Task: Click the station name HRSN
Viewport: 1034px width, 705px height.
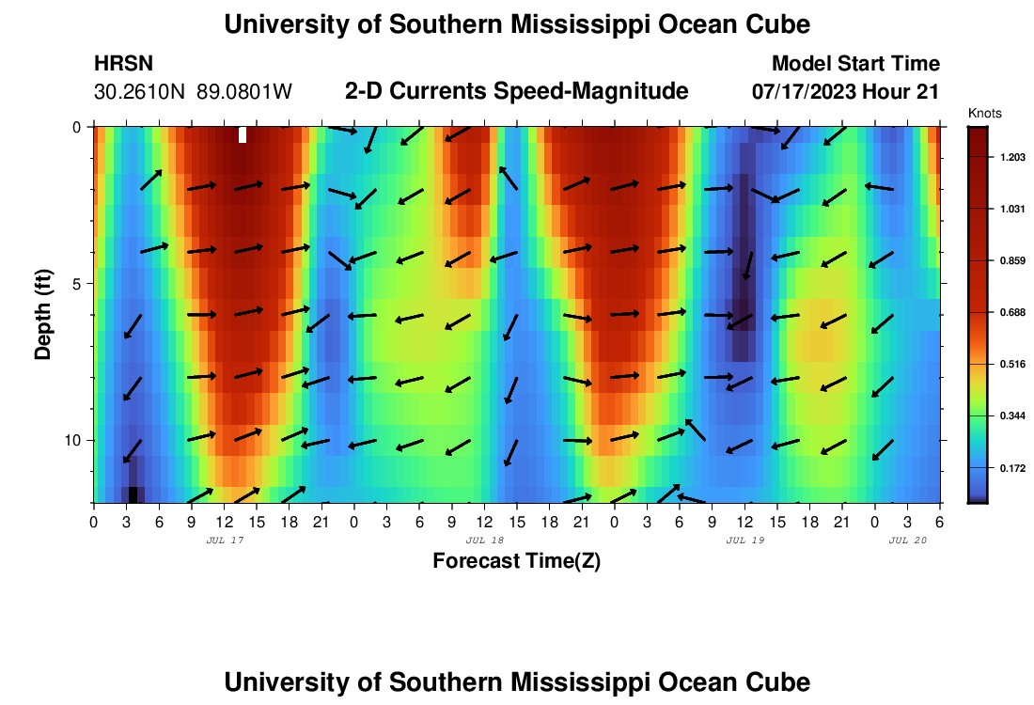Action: (123, 64)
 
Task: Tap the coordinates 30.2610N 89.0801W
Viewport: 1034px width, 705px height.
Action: (193, 92)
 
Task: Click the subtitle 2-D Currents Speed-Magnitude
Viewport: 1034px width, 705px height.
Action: (517, 91)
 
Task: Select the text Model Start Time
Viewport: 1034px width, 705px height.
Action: (854, 64)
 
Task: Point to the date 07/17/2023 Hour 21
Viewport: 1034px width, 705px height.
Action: (846, 92)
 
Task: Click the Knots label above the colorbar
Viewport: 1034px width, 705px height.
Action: (984, 113)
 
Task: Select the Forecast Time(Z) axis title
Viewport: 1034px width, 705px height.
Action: (516, 561)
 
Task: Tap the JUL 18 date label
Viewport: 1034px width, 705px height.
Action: (485, 540)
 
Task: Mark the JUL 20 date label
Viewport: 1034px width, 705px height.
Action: (908, 540)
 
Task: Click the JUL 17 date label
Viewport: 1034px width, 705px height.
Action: (225, 540)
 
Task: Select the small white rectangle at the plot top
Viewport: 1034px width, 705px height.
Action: (243, 134)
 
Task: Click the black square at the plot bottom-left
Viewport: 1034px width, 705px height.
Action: (133, 494)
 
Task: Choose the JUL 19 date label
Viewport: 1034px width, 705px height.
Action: (745, 540)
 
